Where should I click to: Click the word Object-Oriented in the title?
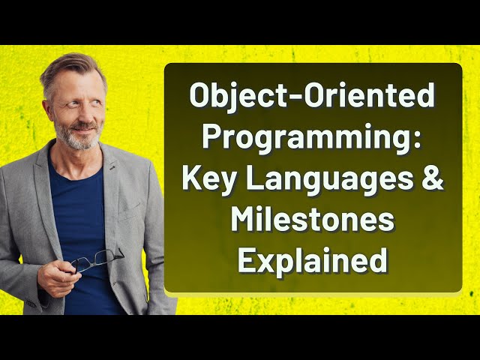point(313,97)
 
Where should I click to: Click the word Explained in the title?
point(313,261)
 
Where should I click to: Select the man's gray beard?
point(75,139)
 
